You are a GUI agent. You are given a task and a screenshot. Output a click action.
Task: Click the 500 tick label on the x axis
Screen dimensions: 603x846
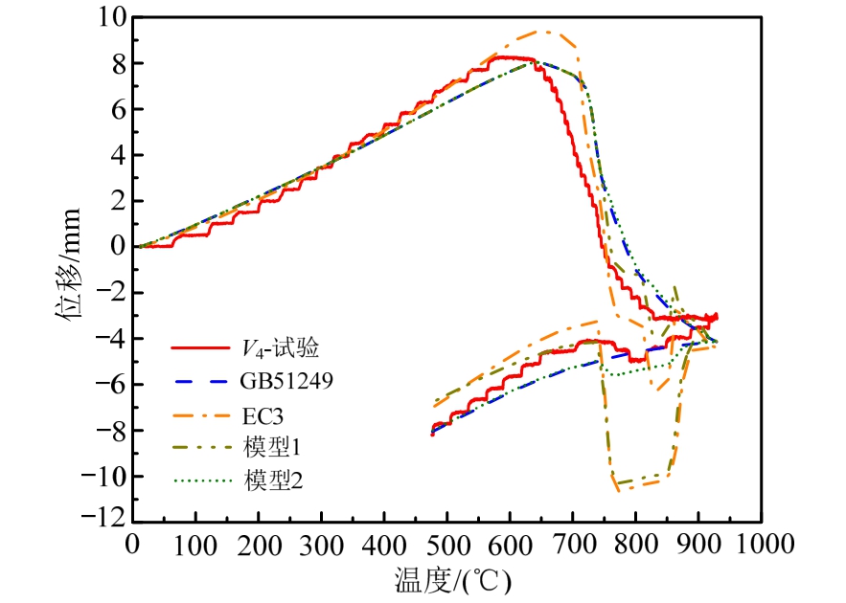tap(446, 544)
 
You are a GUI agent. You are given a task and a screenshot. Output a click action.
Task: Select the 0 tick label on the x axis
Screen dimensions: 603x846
tap(132, 544)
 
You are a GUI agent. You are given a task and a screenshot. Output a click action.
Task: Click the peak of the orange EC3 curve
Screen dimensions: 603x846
tap(546, 32)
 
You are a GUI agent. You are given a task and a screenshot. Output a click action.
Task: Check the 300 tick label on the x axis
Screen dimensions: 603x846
tap(321, 544)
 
